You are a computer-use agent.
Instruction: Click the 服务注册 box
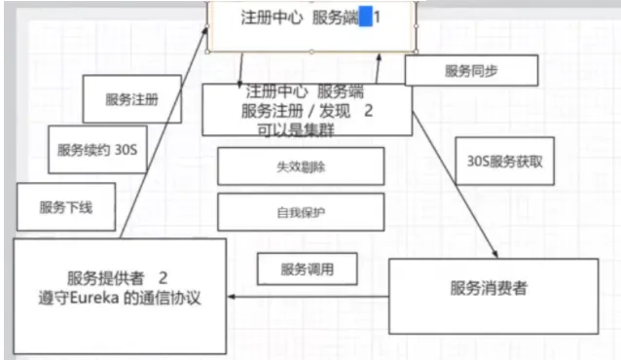click(x=131, y=99)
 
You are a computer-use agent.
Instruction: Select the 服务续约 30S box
click(x=97, y=150)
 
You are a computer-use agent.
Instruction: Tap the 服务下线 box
click(x=66, y=206)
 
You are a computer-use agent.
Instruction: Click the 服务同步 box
click(x=471, y=70)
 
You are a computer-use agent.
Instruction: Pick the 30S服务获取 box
click(x=504, y=162)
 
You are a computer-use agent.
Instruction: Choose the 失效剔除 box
click(x=301, y=166)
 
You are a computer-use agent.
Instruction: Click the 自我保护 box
click(x=301, y=212)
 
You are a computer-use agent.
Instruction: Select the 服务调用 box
click(x=308, y=270)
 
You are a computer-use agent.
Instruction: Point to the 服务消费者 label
click(x=489, y=288)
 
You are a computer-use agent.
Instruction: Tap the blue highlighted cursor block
click(x=366, y=18)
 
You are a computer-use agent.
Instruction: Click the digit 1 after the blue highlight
click(x=377, y=18)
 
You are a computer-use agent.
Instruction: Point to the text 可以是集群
click(x=296, y=129)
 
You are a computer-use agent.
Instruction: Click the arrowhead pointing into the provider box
click(x=232, y=297)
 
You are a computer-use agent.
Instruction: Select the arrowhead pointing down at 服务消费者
click(x=495, y=254)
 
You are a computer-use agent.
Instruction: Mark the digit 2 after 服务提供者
click(x=163, y=278)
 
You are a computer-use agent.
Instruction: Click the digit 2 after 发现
click(x=368, y=111)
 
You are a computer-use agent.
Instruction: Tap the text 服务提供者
click(x=105, y=278)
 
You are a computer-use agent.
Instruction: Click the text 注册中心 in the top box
click(x=272, y=18)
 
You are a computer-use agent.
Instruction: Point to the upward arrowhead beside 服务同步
click(x=379, y=57)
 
